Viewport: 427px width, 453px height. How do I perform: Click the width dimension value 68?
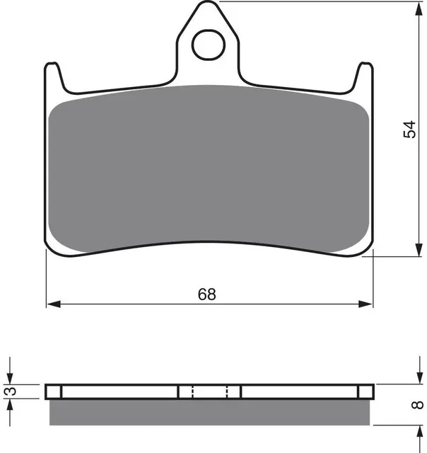click(206, 294)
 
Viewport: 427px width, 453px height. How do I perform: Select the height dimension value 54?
click(409, 130)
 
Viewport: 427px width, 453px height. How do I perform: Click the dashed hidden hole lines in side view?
click(210, 391)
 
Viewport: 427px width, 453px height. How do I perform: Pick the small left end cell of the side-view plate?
click(54, 391)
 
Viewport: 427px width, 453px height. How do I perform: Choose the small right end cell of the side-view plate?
click(365, 391)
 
